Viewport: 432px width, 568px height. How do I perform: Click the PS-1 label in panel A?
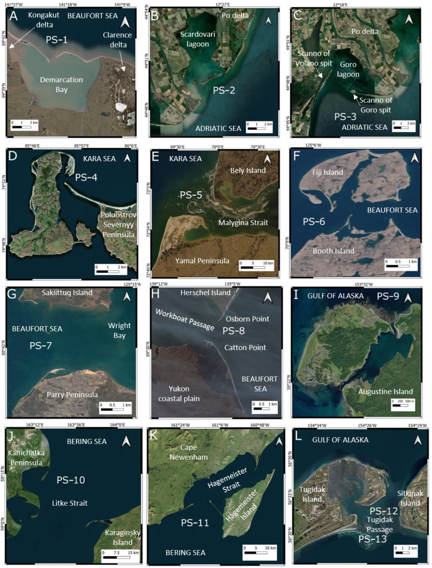[x=57, y=40]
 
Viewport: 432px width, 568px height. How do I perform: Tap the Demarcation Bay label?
[x=61, y=85]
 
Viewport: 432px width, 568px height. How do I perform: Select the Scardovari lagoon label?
[x=197, y=39]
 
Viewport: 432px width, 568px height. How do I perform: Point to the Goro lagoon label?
[x=348, y=69]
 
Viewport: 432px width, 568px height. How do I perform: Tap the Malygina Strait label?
[x=243, y=222]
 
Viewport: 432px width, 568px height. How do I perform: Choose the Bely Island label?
[x=248, y=170]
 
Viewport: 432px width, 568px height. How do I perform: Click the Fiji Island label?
[x=328, y=172]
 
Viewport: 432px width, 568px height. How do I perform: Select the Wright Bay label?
[x=119, y=330]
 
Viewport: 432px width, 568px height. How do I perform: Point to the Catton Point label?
[x=245, y=348]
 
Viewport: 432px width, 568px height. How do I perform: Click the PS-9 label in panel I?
[x=388, y=296]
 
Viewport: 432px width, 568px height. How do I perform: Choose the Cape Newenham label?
[x=189, y=452]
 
